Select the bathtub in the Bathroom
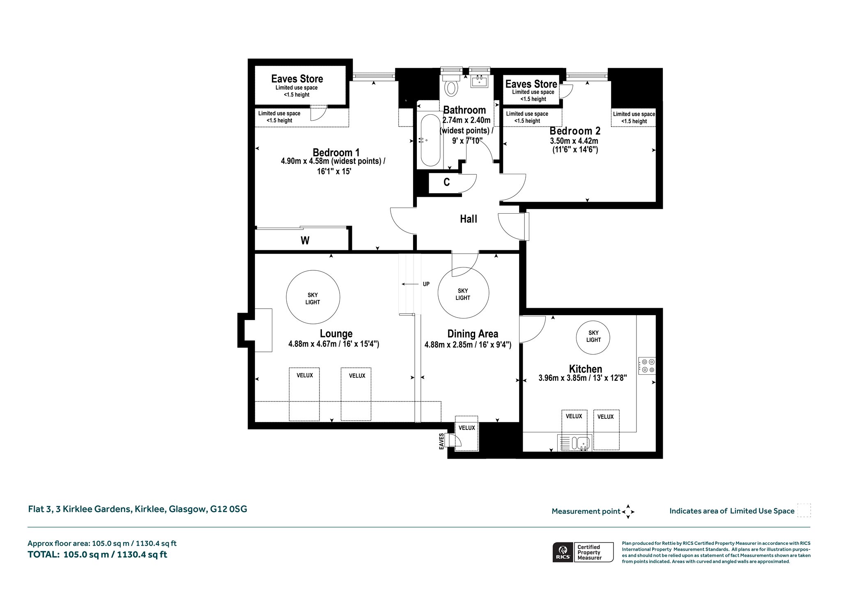(x=430, y=140)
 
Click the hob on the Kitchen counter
(x=647, y=366)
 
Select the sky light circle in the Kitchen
(x=593, y=337)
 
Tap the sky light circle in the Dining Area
(x=463, y=293)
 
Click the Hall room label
(x=469, y=219)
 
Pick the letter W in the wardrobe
(x=305, y=241)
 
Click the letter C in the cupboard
(x=446, y=182)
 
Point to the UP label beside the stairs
(x=426, y=284)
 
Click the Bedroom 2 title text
(x=575, y=131)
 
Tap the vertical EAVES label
(x=441, y=441)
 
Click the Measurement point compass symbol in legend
(x=628, y=512)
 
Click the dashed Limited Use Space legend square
(x=804, y=510)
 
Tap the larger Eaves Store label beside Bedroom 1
(x=297, y=79)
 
